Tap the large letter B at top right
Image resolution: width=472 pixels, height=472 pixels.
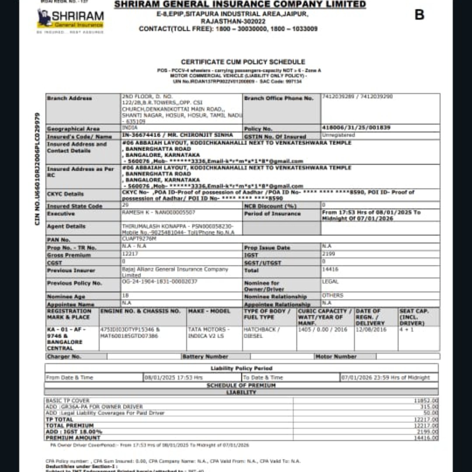click(419, 15)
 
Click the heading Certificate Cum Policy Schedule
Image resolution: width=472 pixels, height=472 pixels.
click(243, 62)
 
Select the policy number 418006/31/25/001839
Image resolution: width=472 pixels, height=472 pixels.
click(356, 128)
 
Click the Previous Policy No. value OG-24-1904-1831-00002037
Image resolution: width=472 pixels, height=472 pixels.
click(160, 282)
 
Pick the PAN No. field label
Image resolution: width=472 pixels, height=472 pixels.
click(59, 240)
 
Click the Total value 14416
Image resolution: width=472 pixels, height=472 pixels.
click(330, 270)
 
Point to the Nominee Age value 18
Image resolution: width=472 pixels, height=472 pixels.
click(125, 295)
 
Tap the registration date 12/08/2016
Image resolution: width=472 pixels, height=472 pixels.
click(371, 330)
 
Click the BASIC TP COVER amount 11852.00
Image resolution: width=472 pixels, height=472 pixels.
click(426, 401)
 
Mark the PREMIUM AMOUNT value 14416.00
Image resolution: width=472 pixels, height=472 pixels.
click(426, 437)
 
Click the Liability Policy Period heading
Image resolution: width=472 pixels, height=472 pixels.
click(241, 368)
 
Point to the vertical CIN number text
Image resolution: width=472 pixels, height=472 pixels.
click(38, 169)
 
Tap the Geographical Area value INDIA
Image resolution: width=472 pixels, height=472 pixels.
click(130, 128)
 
